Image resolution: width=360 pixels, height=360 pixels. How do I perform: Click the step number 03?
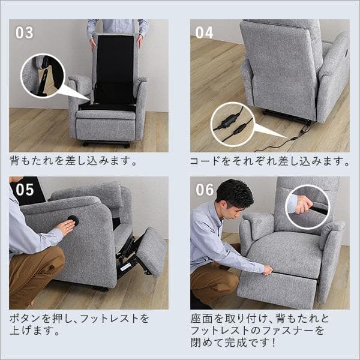click(24, 32)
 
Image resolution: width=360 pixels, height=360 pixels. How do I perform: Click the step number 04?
click(205, 32)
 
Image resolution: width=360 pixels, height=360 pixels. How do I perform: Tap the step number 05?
click(25, 190)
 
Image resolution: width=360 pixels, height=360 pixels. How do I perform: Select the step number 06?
click(205, 190)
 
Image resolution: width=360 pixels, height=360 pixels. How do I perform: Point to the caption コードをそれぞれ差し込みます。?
click(269, 161)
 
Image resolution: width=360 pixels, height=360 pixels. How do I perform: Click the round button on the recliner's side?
click(73, 220)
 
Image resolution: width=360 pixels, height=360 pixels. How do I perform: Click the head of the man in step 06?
click(235, 195)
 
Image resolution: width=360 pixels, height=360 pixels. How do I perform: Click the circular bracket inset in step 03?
click(43, 76)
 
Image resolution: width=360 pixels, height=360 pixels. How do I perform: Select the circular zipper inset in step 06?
click(307, 206)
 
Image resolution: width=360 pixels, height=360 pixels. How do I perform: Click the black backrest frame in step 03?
click(114, 69)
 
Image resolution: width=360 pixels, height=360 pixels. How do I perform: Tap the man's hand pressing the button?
click(64, 227)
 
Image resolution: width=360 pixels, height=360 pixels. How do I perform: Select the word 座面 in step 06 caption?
click(199, 318)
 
